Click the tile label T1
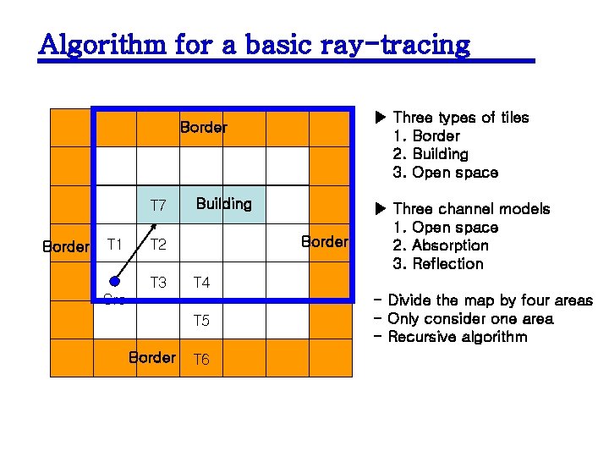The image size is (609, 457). click(x=116, y=245)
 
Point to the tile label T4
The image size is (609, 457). click(x=202, y=283)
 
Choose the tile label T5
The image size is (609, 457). click(x=202, y=321)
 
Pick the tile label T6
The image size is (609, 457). click(x=202, y=360)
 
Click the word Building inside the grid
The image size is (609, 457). click(x=223, y=204)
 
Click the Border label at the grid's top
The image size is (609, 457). click(x=203, y=128)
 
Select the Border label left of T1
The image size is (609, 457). click(x=66, y=247)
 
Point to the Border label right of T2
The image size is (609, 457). click(x=325, y=242)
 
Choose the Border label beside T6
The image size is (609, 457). click(x=152, y=357)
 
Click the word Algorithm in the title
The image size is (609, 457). click(x=103, y=44)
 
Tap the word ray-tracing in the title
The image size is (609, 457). click(x=395, y=44)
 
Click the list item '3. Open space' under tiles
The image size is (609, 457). click(x=446, y=173)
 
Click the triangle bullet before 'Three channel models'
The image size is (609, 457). click(x=380, y=209)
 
